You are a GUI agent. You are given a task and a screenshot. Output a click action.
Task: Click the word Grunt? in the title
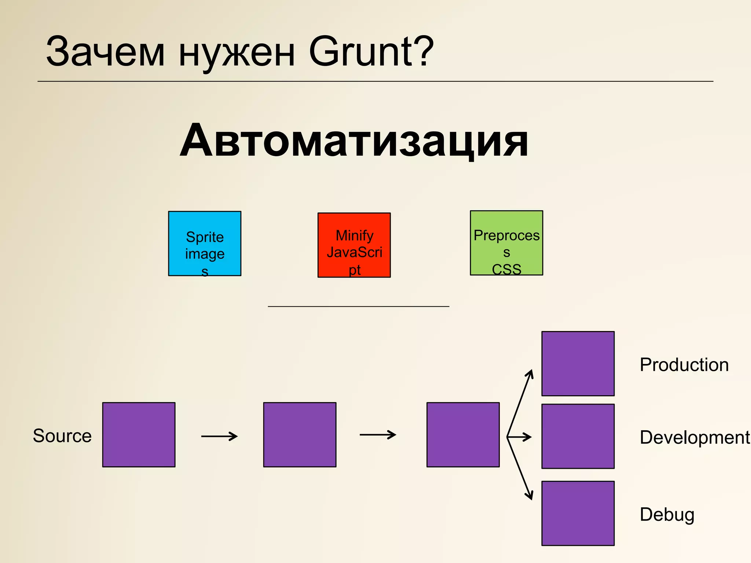click(371, 52)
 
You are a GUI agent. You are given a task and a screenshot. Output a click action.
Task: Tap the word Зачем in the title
click(105, 52)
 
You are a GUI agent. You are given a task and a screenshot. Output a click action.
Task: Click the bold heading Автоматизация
click(354, 140)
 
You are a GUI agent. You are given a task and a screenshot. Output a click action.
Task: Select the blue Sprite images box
click(205, 243)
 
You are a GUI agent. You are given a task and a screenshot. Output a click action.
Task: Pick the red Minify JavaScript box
click(354, 245)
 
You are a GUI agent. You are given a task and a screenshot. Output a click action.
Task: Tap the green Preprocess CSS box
click(506, 243)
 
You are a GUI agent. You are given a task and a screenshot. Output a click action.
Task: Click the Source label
click(62, 436)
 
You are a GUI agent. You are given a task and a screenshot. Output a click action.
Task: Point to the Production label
click(684, 365)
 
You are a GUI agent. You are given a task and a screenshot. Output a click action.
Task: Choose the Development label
click(695, 437)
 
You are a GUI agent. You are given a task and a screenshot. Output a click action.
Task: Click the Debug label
click(667, 514)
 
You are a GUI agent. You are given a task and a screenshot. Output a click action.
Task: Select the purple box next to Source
click(139, 435)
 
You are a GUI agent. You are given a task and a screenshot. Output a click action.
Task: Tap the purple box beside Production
click(578, 364)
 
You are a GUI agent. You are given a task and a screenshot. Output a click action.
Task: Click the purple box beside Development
click(578, 436)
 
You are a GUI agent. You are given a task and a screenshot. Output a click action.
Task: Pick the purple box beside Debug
click(578, 513)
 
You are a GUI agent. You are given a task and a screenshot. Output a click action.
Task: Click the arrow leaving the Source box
click(219, 436)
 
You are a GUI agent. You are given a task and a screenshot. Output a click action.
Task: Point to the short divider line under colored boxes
click(358, 306)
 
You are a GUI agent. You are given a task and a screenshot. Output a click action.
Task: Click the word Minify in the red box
click(354, 235)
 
